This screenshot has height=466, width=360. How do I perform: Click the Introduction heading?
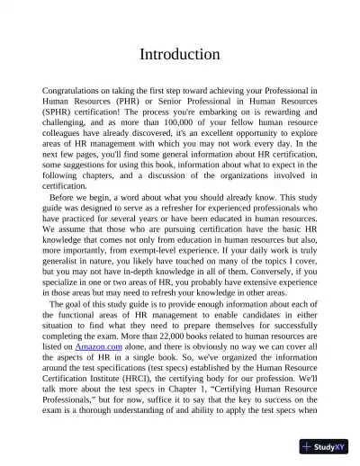click(x=180, y=55)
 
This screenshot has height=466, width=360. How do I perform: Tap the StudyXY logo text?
click(x=330, y=446)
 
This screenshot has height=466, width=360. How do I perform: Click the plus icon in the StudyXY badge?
click(x=307, y=446)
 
